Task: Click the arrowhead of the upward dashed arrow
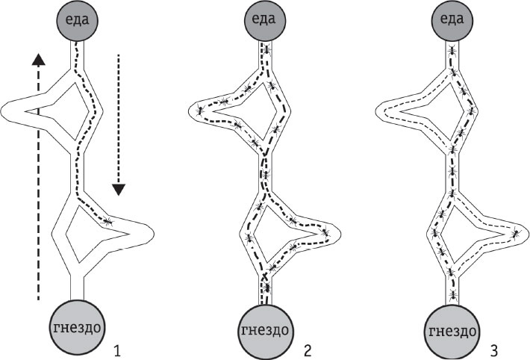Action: (x=37, y=58)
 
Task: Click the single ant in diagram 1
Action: (x=108, y=221)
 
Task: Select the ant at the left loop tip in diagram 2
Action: (x=200, y=111)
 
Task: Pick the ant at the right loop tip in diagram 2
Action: (x=325, y=232)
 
